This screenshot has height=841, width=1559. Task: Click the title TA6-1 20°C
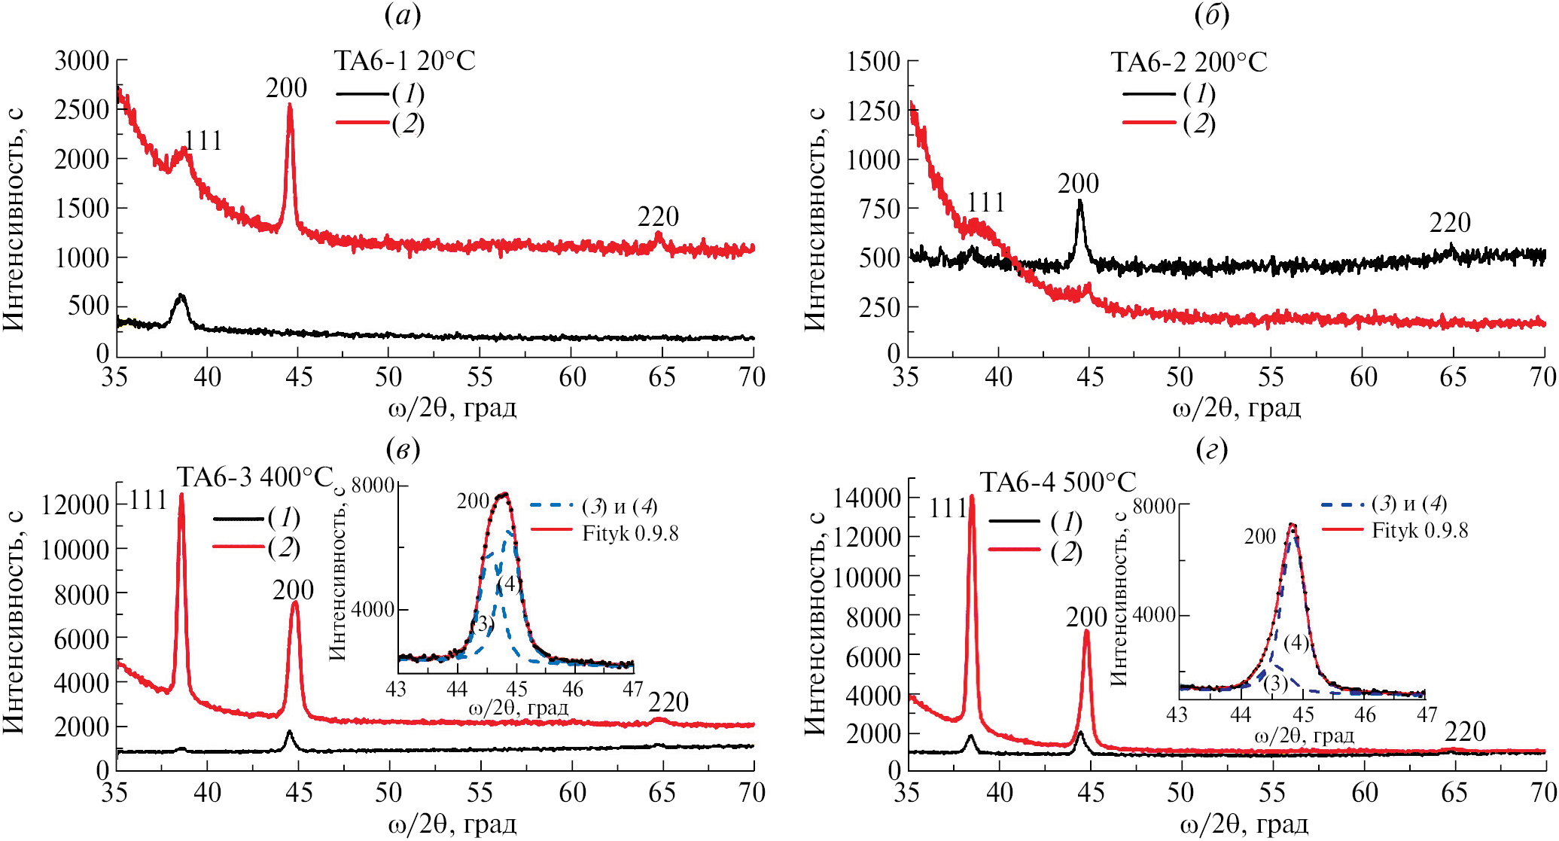405,61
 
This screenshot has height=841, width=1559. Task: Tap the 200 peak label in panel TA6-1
286,89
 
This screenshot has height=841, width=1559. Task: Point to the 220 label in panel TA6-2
1450,223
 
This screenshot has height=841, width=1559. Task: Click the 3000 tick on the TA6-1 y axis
81,61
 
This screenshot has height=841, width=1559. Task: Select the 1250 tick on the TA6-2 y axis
873,111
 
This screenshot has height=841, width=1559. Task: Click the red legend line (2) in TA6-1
362,122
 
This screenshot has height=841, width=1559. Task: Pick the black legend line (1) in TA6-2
1149,93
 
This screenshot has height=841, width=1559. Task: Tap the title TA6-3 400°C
254,477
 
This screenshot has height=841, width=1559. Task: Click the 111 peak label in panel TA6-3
148,501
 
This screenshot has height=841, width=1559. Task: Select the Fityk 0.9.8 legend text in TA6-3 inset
630,534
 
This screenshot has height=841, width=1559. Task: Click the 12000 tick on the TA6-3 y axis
75,505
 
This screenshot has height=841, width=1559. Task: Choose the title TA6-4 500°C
1058,483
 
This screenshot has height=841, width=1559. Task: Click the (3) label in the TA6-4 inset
1275,683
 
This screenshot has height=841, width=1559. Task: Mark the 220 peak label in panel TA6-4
1465,732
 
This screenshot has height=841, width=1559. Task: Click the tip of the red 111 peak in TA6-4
972,495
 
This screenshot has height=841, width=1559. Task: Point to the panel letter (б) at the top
1212,15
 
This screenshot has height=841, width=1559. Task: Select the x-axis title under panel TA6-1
452,408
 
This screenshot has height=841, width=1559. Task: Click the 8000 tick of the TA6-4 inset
1154,507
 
